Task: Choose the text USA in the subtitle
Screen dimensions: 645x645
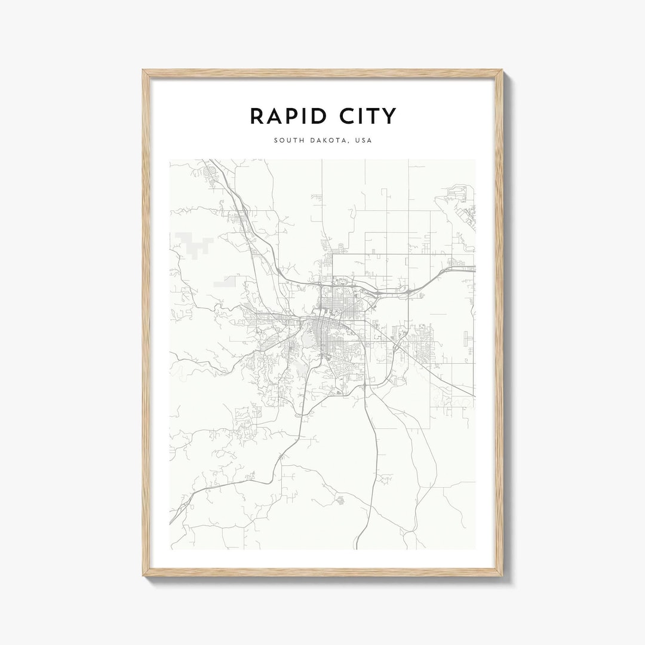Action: click(x=363, y=141)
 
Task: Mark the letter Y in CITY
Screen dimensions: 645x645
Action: click(x=389, y=116)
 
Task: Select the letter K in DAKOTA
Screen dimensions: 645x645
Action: click(x=327, y=141)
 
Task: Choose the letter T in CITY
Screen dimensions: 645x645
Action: click(x=374, y=116)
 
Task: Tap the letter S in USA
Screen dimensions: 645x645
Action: click(x=363, y=141)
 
